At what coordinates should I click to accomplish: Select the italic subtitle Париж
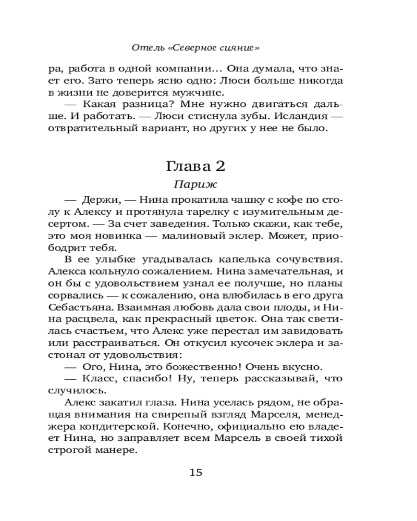(195, 184)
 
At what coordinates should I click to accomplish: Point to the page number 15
(195, 472)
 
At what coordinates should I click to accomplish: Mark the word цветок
(236, 318)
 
